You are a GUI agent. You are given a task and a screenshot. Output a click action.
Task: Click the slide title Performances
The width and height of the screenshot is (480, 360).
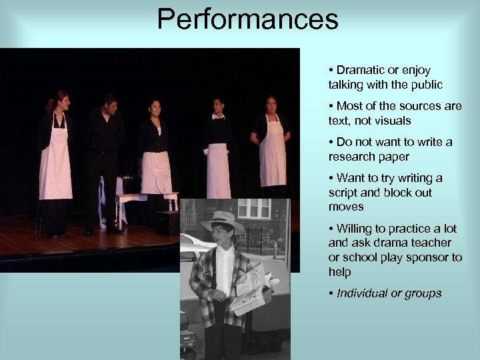tap(248, 19)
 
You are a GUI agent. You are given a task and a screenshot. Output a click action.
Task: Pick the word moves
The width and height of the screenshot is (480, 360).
tap(346, 207)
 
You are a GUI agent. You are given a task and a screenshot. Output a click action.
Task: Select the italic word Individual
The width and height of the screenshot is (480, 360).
tap(363, 293)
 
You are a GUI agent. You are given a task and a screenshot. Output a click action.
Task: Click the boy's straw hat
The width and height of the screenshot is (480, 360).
tap(222, 220)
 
